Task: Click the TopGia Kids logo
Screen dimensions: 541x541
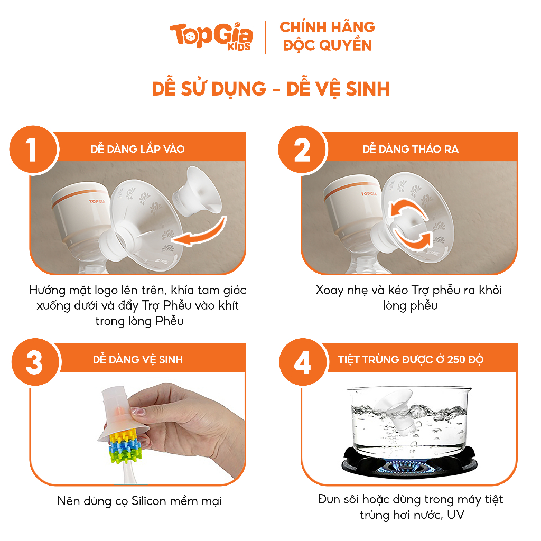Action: [x=211, y=36]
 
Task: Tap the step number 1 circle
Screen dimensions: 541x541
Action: [x=34, y=150]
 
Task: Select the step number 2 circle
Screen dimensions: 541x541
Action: [x=302, y=150]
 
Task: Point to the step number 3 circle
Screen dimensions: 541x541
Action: [x=36, y=362]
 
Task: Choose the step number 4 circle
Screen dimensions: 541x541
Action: [x=303, y=362]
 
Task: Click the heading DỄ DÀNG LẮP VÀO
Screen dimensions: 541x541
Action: [x=138, y=148]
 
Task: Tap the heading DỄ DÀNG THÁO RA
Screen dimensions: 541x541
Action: [x=411, y=148]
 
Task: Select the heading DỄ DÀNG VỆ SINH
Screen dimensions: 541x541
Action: [x=138, y=359]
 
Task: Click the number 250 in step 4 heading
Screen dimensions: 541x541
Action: [x=456, y=359]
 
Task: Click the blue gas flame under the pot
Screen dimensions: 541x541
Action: [x=404, y=467]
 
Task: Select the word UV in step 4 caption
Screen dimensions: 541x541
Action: [x=456, y=515]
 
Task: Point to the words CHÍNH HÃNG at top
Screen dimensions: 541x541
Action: [x=327, y=27]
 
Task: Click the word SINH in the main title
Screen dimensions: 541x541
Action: [x=368, y=89]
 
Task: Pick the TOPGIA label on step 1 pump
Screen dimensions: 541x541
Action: [x=97, y=201]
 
